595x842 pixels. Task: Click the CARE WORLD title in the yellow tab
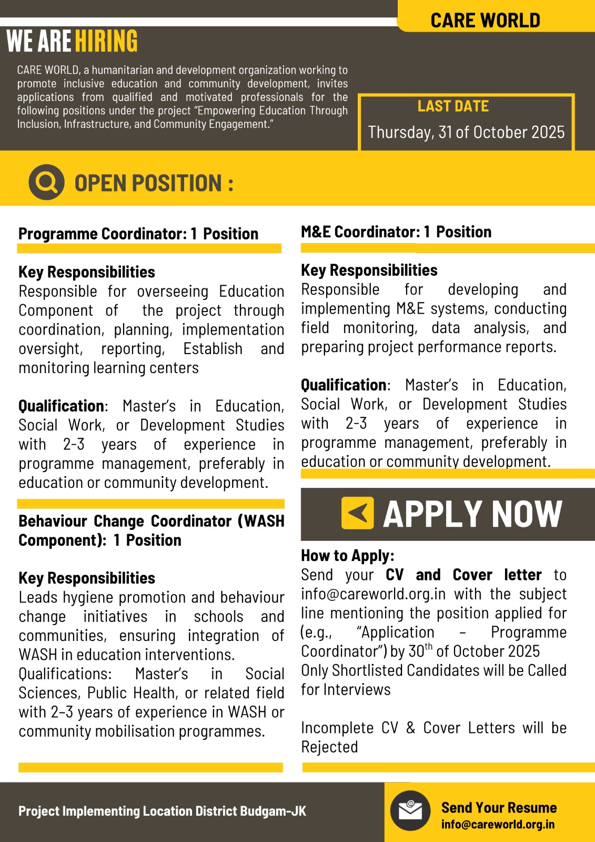click(x=485, y=21)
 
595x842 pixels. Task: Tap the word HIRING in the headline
click(x=106, y=42)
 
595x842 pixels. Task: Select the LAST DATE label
click(x=453, y=106)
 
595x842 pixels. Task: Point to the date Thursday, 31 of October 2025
click(x=466, y=132)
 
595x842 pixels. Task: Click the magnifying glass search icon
click(x=46, y=182)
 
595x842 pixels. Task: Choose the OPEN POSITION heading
click(x=154, y=183)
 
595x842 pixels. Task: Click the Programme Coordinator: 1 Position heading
click(x=138, y=234)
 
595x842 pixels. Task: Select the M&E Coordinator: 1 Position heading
click(x=396, y=232)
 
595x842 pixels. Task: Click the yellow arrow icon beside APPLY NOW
click(x=358, y=513)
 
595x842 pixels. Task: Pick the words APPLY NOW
click(x=472, y=514)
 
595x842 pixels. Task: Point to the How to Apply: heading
click(x=347, y=556)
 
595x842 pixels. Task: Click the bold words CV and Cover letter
click(x=463, y=575)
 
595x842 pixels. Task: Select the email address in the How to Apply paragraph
click(x=373, y=594)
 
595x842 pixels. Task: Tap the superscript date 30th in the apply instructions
click(x=420, y=650)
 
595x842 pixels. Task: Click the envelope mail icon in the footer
click(x=410, y=810)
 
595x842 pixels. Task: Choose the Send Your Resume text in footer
click(x=499, y=808)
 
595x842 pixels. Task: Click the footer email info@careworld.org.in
click(x=498, y=824)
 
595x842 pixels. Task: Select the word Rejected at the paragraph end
click(x=329, y=747)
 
